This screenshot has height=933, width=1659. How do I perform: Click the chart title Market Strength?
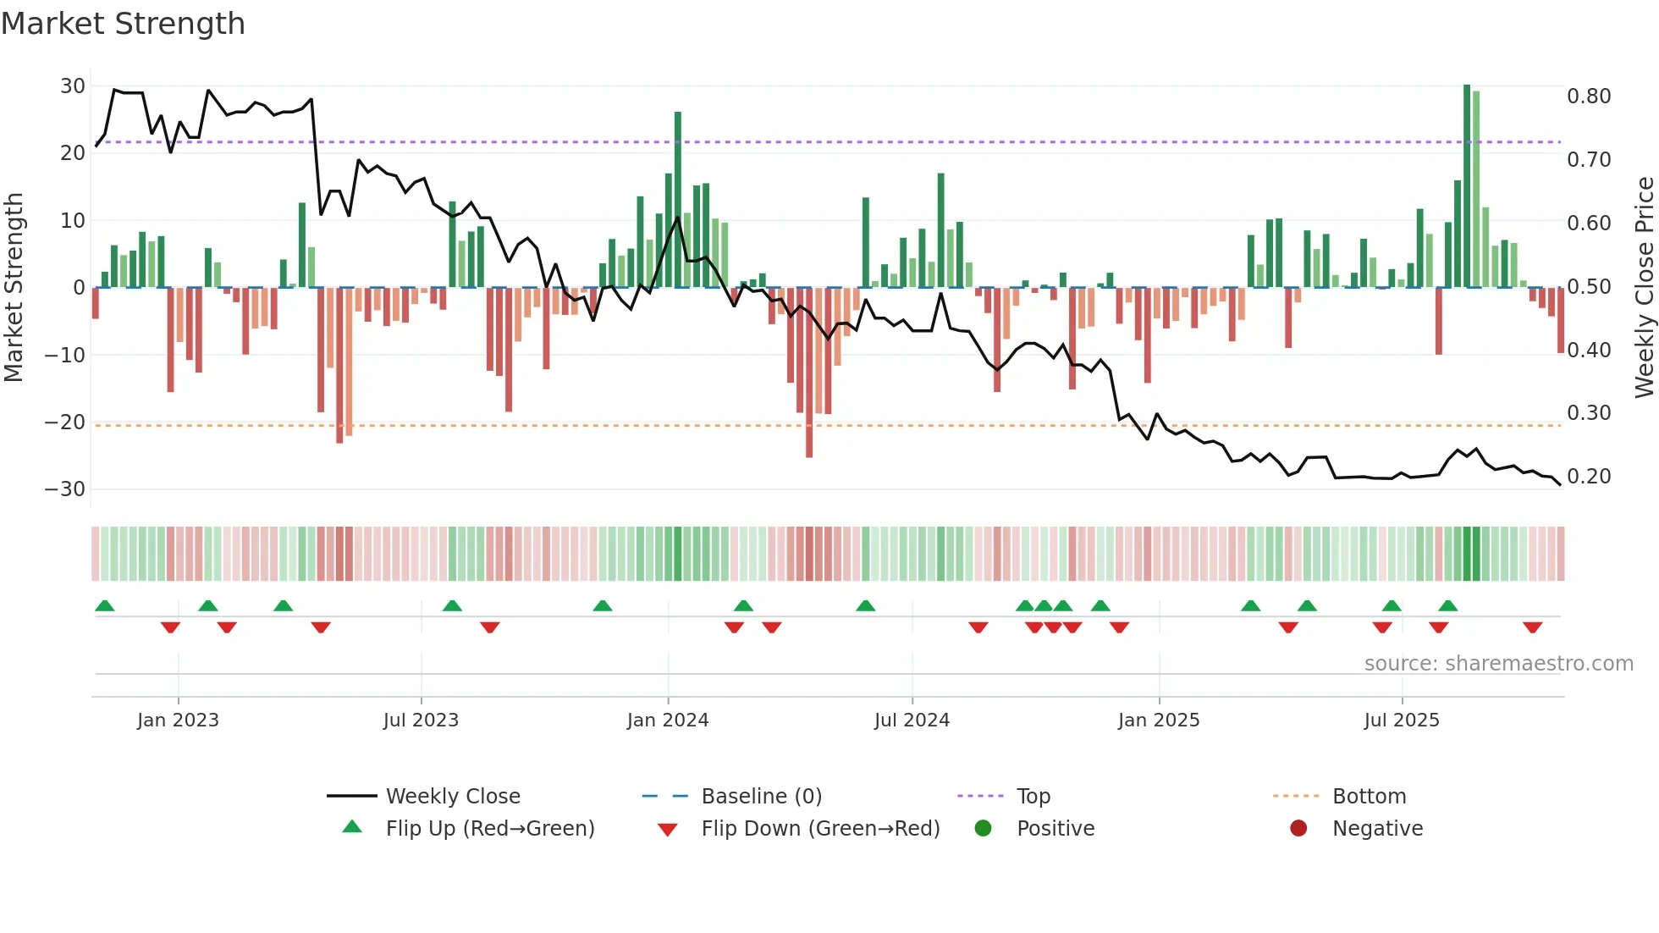123,24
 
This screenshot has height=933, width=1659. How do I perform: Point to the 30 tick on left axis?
73,86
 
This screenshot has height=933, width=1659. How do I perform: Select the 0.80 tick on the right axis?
1589,97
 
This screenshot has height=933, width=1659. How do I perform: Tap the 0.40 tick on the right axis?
1589,350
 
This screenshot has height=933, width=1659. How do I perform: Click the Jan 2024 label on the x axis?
668,720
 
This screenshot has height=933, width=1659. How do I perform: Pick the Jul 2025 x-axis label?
1401,720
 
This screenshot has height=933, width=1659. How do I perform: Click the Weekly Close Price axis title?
1644,287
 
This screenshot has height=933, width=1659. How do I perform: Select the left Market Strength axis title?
14,287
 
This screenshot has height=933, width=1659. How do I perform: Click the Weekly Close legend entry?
453,797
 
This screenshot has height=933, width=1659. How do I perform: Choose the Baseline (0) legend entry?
761,797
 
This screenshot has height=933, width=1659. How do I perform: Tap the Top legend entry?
1033,797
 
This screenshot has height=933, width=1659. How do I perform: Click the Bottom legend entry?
1369,797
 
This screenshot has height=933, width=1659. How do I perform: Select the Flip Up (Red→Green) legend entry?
490,829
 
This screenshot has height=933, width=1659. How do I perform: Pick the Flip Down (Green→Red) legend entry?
820,829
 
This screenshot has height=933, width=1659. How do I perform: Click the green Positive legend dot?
983,828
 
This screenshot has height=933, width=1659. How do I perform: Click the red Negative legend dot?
1298,828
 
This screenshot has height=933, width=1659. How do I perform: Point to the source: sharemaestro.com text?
1498,664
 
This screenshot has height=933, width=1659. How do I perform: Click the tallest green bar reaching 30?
1467,186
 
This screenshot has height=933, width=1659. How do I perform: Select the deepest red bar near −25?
809,373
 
